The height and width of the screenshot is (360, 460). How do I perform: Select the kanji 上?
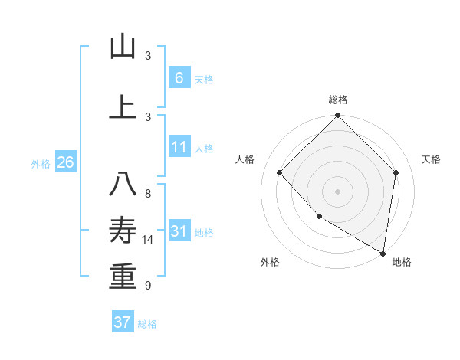point(123,106)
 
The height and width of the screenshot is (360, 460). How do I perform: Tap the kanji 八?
point(123,185)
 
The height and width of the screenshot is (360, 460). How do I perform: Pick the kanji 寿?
point(123,231)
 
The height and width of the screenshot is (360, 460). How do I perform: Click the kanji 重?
point(123,277)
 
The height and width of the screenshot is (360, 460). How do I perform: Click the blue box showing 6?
point(179,77)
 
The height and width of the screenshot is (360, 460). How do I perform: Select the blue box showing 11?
point(179,147)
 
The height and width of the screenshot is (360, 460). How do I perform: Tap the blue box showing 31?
point(179,231)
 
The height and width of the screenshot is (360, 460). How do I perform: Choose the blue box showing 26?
point(65,162)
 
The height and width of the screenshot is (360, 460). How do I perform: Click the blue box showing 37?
point(122,322)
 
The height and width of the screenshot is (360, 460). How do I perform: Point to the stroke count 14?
point(148,240)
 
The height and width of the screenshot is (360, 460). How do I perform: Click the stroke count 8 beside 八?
point(148,193)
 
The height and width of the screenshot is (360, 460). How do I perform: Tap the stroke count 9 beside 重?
point(148,286)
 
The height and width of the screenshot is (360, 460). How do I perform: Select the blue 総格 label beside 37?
point(147,324)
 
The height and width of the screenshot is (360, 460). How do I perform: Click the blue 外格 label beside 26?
point(41,164)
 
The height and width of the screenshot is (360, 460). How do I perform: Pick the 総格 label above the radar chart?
point(337,100)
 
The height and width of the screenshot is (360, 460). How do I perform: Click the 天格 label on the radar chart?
point(431,159)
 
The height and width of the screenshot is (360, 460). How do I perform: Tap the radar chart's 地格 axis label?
point(402,262)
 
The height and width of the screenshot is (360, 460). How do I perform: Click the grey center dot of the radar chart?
point(337,191)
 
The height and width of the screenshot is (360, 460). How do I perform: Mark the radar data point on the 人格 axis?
point(280,172)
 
